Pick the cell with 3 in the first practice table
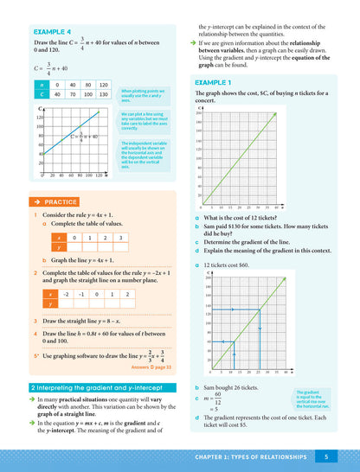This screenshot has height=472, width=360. click(120, 237)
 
